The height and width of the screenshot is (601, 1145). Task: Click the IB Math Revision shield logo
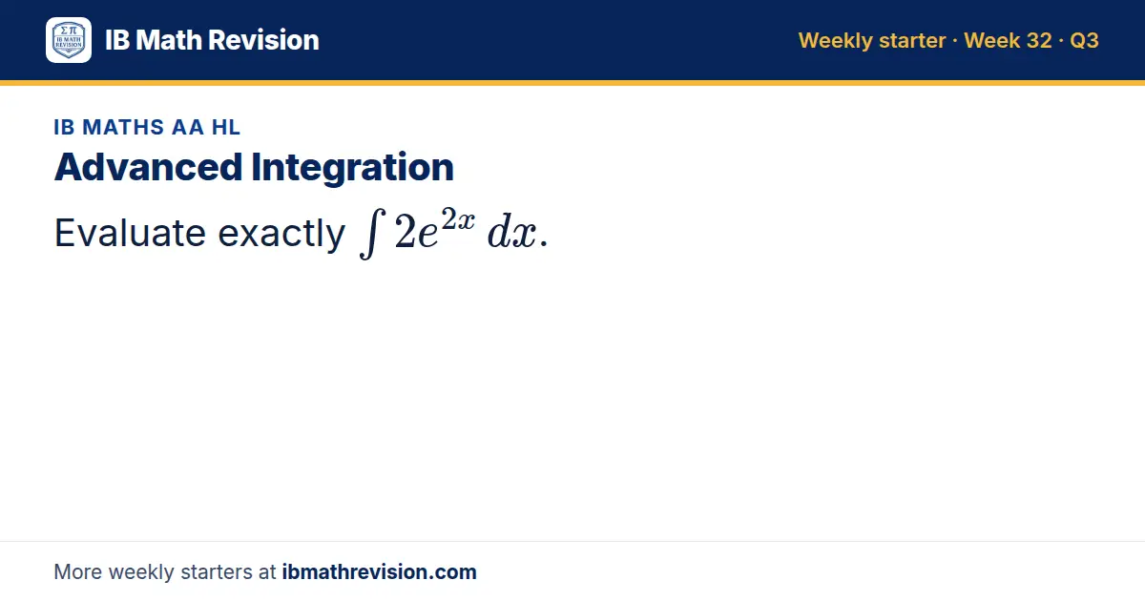pyautogui.click(x=69, y=40)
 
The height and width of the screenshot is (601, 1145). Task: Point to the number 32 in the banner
pyautogui.click(x=1039, y=40)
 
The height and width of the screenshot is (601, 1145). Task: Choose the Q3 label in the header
pyautogui.click(x=1084, y=41)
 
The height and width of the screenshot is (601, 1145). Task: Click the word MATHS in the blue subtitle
pyautogui.click(x=123, y=127)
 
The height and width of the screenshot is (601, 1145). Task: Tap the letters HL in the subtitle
pyautogui.click(x=226, y=127)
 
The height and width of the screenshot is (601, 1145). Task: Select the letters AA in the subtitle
pyautogui.click(x=188, y=127)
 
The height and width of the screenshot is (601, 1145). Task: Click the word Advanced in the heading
pyautogui.click(x=148, y=167)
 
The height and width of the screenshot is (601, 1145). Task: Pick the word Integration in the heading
pyautogui.click(x=353, y=168)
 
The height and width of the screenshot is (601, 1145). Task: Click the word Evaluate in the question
pyautogui.click(x=130, y=233)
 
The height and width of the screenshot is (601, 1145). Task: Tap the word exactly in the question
pyautogui.click(x=281, y=234)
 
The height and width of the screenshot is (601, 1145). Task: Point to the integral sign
pyautogui.click(x=372, y=234)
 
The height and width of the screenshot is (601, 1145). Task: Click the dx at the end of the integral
pyautogui.click(x=512, y=233)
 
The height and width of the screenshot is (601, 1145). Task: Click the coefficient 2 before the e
pyautogui.click(x=406, y=233)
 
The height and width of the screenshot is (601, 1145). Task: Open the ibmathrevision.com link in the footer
pyautogui.click(x=380, y=571)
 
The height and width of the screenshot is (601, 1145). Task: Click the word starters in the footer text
pyautogui.click(x=217, y=572)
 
